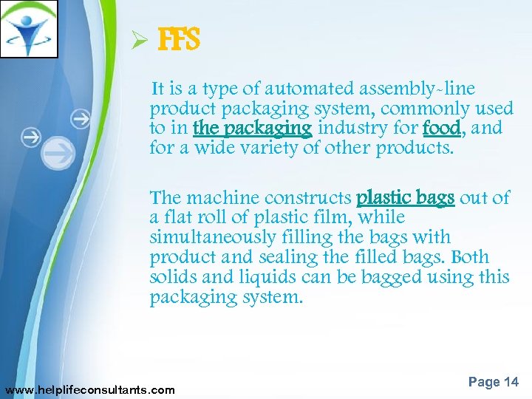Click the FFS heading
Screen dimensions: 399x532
pyautogui.click(x=179, y=41)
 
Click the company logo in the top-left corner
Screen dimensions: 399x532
pyautogui.click(x=30, y=30)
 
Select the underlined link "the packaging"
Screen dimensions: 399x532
pyautogui.click(x=252, y=129)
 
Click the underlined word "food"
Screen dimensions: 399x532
pyautogui.click(x=443, y=129)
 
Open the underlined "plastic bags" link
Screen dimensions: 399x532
pyautogui.click(x=405, y=198)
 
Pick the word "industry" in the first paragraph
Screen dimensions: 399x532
pyautogui.click(x=347, y=129)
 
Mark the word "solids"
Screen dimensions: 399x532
pyautogui.click(x=171, y=277)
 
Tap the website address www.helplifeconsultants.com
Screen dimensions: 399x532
pyautogui.click(x=90, y=389)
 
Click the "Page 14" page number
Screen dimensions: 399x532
pyautogui.click(x=493, y=381)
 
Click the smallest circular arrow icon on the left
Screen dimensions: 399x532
pyautogui.click(x=81, y=117)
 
